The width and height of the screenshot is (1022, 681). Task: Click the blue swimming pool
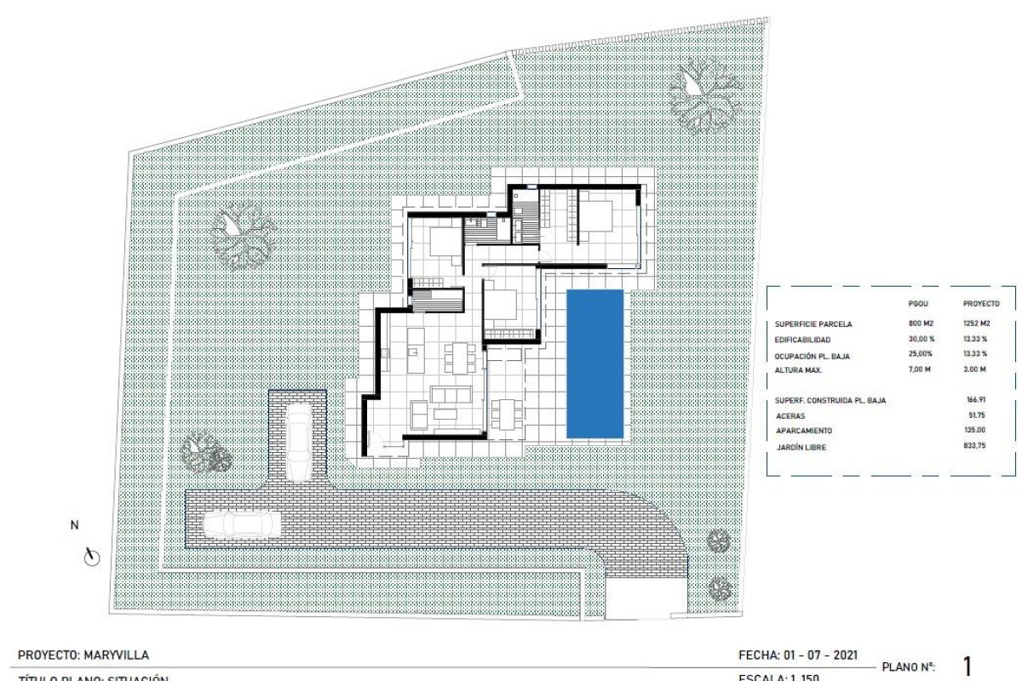click(x=595, y=364)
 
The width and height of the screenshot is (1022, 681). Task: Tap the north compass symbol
click(x=92, y=558)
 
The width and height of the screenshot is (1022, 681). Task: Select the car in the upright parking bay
click(x=299, y=443)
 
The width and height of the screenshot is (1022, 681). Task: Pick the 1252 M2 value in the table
click(x=980, y=324)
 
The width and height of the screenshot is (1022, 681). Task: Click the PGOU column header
click(x=920, y=303)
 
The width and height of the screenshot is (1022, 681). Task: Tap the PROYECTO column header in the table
click(x=981, y=303)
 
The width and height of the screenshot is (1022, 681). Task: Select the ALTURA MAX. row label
click(x=804, y=369)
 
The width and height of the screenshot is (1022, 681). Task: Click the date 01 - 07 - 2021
click(x=818, y=655)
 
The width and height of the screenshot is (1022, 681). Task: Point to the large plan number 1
click(x=967, y=665)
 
